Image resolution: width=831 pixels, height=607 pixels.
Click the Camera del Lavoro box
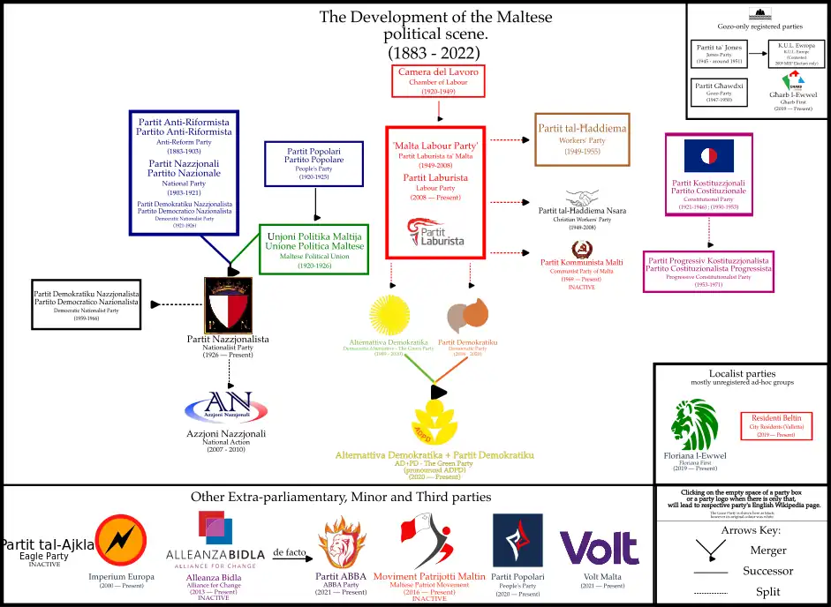pyautogui.click(x=438, y=80)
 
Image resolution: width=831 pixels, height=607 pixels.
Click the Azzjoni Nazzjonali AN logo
pyautogui.click(x=229, y=407)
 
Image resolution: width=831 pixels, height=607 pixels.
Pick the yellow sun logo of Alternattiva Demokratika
pyautogui.click(x=391, y=314)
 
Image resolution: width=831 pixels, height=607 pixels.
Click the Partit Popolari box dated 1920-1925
pyautogui.click(x=313, y=163)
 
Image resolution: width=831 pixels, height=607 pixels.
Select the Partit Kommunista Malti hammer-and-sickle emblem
pyautogui.click(x=583, y=248)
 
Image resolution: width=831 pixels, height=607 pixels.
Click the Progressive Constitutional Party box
pyautogui.click(x=708, y=271)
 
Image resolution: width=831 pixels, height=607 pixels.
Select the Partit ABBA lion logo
pyautogui.click(x=341, y=542)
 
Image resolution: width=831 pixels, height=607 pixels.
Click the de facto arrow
pyautogui.click(x=290, y=558)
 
